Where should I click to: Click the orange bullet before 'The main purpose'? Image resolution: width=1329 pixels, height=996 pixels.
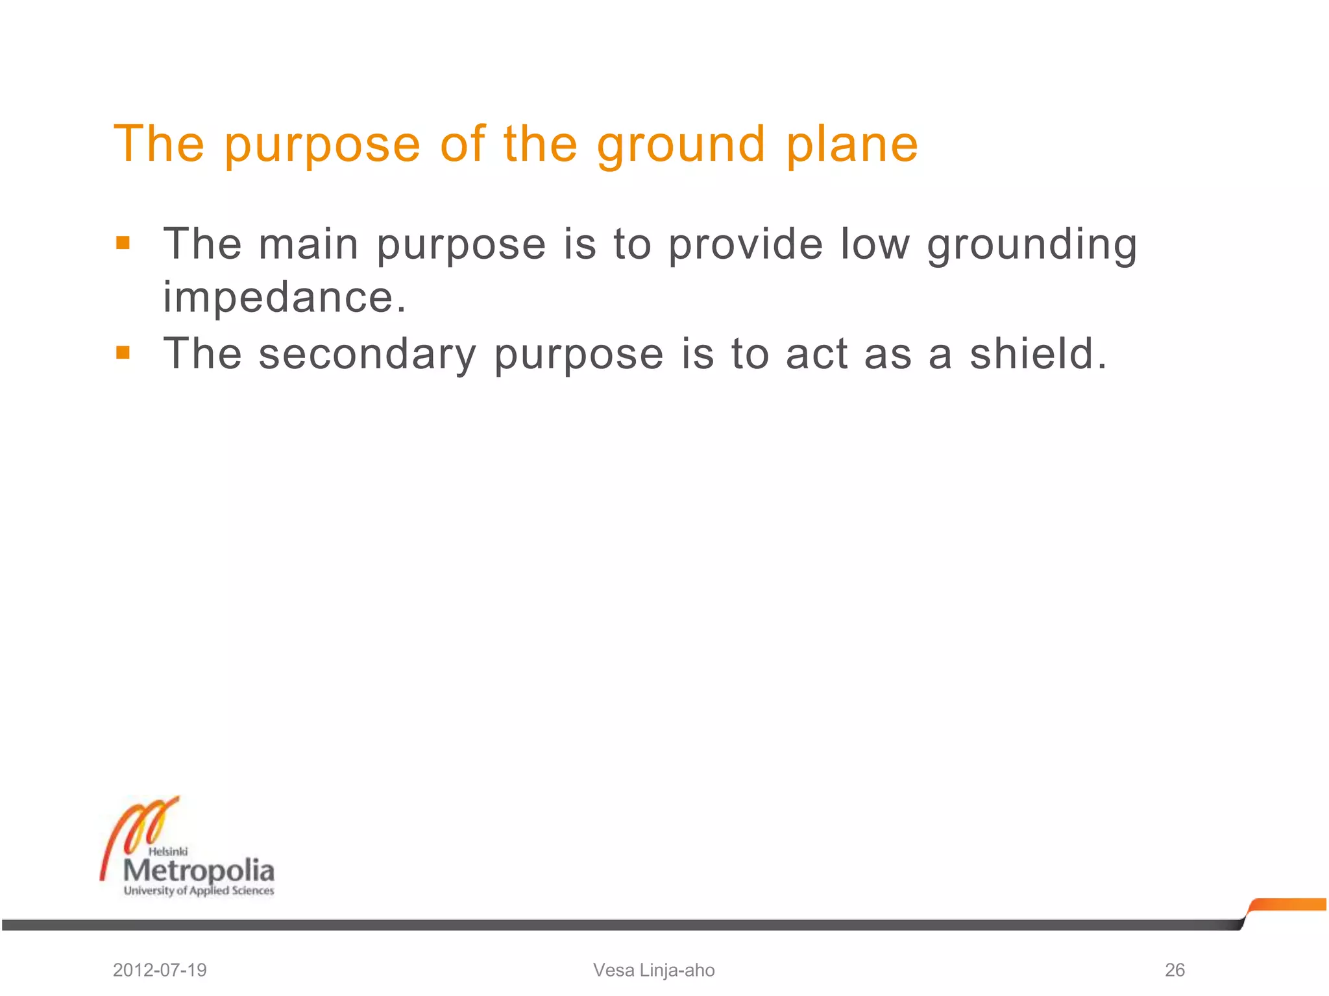click(123, 243)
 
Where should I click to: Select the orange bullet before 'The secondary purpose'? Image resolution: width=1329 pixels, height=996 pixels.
click(123, 353)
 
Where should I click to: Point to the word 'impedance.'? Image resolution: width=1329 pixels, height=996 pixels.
click(284, 298)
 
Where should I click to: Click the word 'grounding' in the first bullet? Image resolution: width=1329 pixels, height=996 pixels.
click(1032, 245)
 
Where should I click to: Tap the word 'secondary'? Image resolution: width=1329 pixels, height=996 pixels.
click(367, 355)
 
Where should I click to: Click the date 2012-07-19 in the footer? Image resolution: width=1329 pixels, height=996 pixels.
click(160, 970)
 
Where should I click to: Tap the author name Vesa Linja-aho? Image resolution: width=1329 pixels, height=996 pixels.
click(653, 970)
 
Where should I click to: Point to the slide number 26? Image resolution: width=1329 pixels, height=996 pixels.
click(1175, 970)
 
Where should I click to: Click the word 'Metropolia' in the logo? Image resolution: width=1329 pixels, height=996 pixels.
click(199, 870)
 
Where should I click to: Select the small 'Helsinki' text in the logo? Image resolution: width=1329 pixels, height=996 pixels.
click(168, 851)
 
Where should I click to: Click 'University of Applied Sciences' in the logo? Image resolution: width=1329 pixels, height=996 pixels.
click(199, 891)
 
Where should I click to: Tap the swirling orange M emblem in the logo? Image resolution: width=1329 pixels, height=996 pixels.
click(140, 827)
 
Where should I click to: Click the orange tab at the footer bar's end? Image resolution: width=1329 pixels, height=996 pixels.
click(1288, 905)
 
